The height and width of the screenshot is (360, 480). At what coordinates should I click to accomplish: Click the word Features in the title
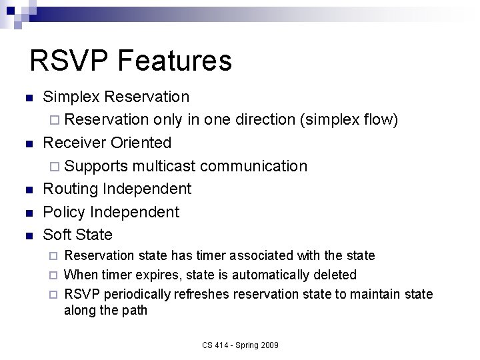click(x=175, y=60)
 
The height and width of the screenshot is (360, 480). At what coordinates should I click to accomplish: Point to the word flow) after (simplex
click(x=381, y=119)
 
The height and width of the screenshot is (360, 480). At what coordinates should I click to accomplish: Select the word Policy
click(x=64, y=212)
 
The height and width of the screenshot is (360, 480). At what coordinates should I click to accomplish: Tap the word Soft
click(x=57, y=235)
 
